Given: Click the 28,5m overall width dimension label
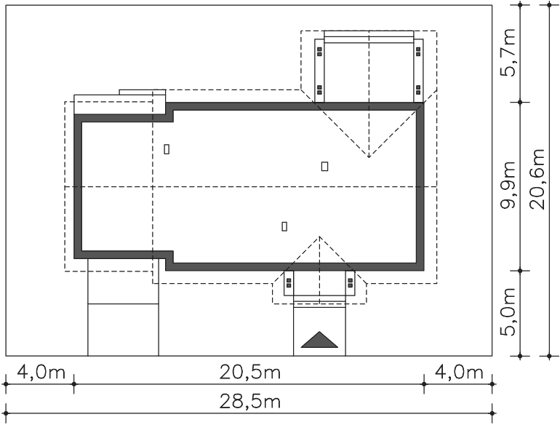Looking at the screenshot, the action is tap(249, 402).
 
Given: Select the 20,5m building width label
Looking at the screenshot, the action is tap(249, 373).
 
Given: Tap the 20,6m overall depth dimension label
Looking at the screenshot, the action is tap(538, 179).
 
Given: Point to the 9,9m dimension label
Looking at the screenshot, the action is tap(508, 185).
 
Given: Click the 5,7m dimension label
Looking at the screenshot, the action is tap(508, 52).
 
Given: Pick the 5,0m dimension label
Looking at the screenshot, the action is tap(508, 311).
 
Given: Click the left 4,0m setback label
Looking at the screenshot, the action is tap(41, 373).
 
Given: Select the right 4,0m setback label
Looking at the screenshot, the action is tap(459, 373).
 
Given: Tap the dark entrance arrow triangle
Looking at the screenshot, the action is tap(319, 340).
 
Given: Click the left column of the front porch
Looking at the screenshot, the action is tap(289, 283).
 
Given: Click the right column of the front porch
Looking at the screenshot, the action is tap(351, 283).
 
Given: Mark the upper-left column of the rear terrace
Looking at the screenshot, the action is tap(320, 52).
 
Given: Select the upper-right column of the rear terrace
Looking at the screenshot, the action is tap(418, 52).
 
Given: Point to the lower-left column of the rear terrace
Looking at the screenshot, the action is tap(320, 90).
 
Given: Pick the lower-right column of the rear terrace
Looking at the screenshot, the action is tap(418, 90).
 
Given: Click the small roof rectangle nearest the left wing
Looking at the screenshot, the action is tap(167, 149).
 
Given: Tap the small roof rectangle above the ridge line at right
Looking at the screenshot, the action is tap(324, 166).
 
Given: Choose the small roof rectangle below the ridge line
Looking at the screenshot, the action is tap(284, 226).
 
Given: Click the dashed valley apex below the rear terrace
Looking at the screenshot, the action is tap(369, 157).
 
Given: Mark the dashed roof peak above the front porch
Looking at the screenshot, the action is tap(320, 237).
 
